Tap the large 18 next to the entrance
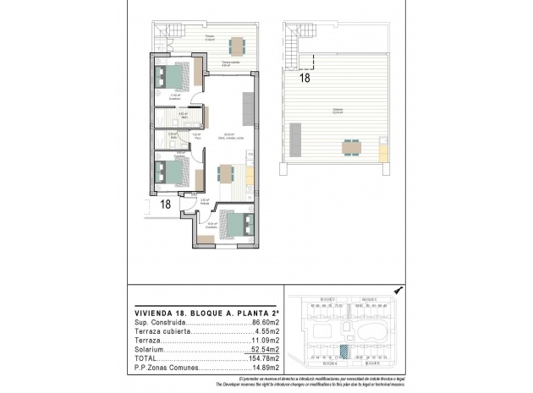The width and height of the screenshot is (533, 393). tap(166, 205)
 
